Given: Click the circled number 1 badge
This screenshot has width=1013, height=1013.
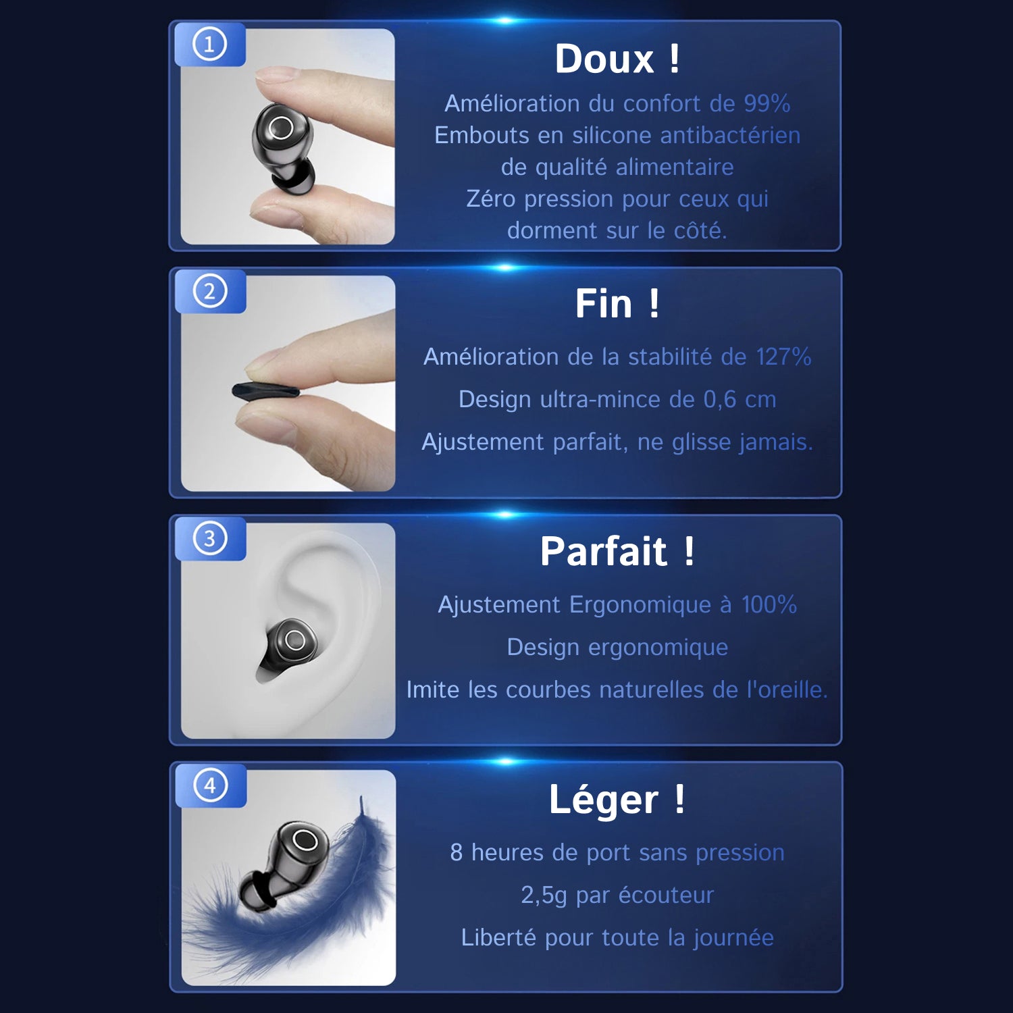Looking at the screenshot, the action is (209, 45).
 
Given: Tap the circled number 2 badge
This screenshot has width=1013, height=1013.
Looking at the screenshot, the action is (210, 292).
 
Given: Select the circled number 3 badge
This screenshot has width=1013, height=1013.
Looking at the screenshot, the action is (210, 539).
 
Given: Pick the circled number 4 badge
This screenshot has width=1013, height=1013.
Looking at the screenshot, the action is (211, 785).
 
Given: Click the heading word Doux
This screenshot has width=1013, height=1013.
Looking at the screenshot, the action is (604, 59).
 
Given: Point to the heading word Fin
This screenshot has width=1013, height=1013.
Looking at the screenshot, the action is (604, 304).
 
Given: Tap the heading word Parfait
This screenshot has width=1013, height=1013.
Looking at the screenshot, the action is (604, 552).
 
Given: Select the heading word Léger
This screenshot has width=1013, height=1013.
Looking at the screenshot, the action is (604, 801).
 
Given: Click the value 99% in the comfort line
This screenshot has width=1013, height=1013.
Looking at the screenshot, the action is (767, 103).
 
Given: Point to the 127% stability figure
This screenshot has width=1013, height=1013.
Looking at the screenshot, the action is (783, 357).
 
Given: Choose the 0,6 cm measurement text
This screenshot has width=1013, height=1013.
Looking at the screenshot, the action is (740, 400).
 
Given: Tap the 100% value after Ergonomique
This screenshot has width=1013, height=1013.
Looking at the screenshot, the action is (769, 604).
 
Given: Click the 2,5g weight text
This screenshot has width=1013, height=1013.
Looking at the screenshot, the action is (544, 895).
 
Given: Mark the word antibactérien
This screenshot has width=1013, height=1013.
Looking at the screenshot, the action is (730, 135).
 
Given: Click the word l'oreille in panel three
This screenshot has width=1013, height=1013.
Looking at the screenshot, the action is (787, 690).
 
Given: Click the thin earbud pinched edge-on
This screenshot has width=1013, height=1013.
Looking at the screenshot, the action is (265, 391).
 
